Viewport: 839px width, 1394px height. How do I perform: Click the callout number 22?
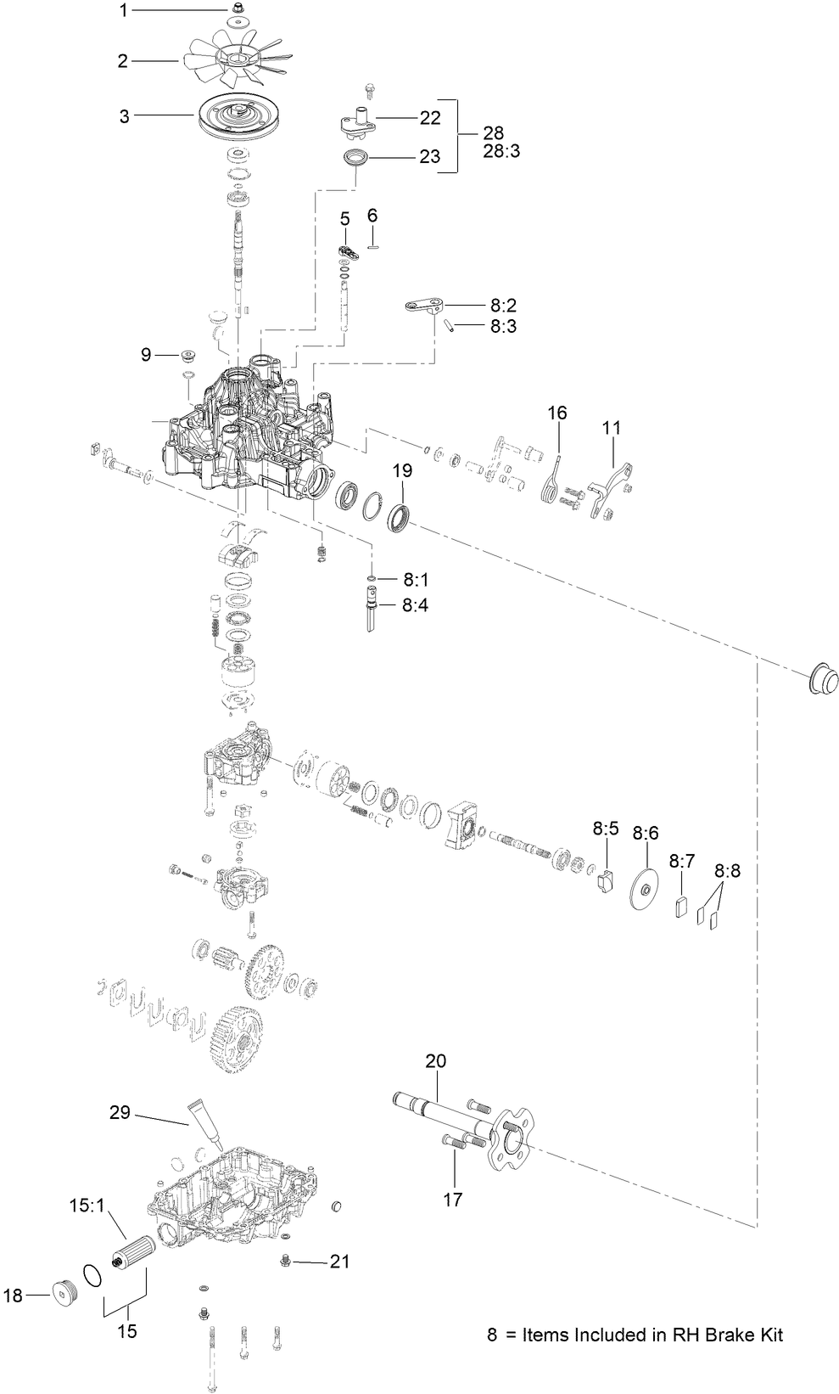(430, 118)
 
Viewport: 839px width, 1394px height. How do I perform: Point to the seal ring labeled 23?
(357, 158)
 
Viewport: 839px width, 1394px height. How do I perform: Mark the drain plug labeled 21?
(285, 1262)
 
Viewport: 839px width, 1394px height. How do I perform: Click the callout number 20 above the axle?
(435, 1061)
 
